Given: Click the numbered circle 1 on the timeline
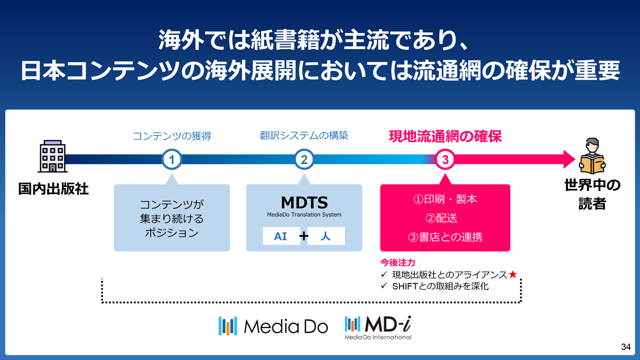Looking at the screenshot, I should (x=171, y=159).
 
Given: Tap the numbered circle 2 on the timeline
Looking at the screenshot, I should (x=304, y=159).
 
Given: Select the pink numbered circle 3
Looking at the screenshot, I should (x=445, y=159).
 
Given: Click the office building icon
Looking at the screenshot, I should (x=52, y=156).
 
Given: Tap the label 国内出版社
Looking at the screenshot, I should (x=53, y=189).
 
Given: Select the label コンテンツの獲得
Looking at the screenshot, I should (x=171, y=135).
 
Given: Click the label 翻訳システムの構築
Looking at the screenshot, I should (x=304, y=135).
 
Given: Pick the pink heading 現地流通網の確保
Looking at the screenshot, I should (x=445, y=136).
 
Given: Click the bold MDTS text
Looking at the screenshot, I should (x=304, y=202).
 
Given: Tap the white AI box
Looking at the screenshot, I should (x=281, y=236).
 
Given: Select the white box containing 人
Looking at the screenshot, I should (x=326, y=236).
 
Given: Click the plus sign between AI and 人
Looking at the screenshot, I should (x=303, y=236).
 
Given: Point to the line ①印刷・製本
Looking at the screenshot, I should (x=445, y=199).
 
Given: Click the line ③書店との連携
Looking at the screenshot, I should (x=445, y=237).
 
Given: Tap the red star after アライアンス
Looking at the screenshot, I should (x=512, y=274).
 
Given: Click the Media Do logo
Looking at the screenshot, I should (x=273, y=326).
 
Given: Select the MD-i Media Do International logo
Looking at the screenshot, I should (x=378, y=327).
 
